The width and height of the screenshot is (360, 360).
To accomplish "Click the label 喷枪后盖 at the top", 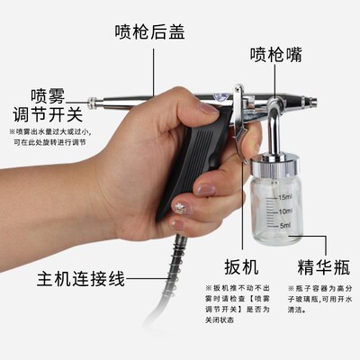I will [152, 30].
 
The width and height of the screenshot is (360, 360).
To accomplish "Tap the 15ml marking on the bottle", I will [283, 196].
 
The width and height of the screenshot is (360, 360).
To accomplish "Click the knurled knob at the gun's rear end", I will [92, 98].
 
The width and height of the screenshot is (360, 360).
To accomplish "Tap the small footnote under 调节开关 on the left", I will [51, 138].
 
